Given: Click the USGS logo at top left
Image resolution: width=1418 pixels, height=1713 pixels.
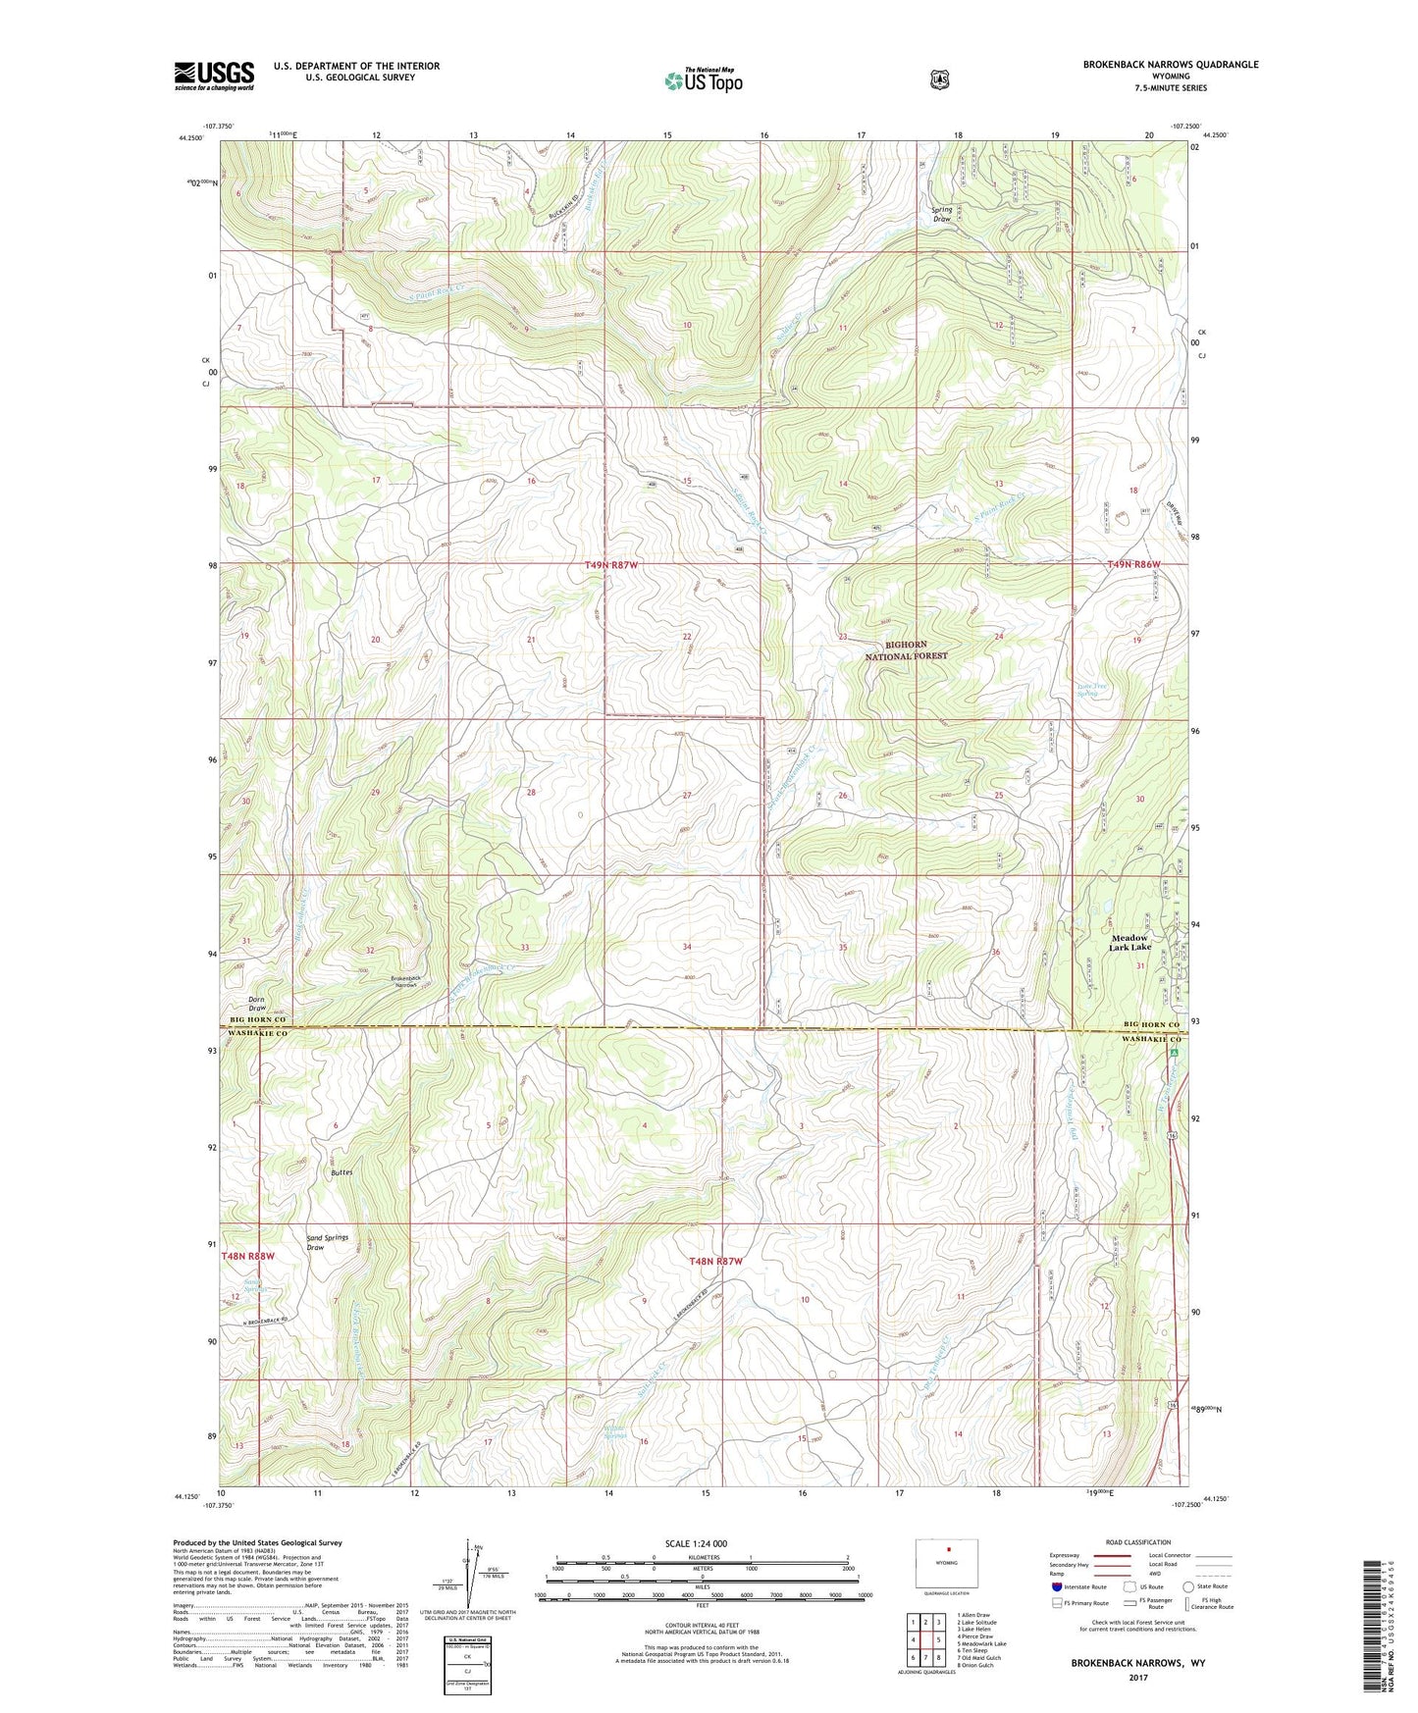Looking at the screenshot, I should [214, 76].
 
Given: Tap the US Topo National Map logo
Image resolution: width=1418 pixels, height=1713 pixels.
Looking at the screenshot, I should [702, 79].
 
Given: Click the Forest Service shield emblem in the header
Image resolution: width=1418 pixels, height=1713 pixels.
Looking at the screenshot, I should [939, 78].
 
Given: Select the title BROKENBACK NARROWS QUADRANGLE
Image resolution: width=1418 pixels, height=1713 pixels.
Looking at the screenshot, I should [1170, 65].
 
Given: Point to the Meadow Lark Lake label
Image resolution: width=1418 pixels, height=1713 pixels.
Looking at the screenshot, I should [1129, 942].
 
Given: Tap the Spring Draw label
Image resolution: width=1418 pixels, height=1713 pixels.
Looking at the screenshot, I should [941, 214].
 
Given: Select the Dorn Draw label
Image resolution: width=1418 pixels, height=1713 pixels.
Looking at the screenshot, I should [256, 1004].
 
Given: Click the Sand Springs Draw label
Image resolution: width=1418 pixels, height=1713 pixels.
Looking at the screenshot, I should [327, 1242].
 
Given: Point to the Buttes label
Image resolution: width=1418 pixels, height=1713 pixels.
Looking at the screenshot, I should [341, 1172].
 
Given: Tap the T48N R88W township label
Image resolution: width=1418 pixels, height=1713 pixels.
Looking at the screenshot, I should [247, 1256].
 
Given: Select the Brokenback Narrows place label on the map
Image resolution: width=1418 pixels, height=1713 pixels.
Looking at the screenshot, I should [404, 982].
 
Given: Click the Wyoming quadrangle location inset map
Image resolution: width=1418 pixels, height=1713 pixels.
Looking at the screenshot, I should [947, 1562].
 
